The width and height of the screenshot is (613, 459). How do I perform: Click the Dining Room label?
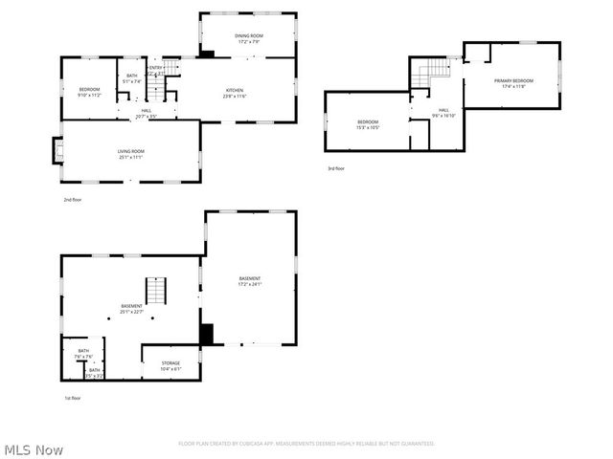(x=249, y=35)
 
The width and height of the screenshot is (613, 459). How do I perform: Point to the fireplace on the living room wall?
(x=57, y=150)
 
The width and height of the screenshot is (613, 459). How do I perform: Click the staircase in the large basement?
(x=156, y=289)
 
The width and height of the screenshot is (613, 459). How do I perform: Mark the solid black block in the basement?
(x=205, y=335)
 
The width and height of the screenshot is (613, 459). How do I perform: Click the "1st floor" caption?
(x=72, y=397)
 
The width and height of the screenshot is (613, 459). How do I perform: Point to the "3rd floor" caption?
(x=336, y=168)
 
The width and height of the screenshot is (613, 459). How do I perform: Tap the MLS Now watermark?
(x=34, y=448)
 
